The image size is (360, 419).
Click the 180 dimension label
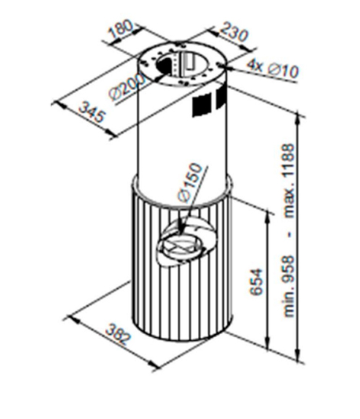pos(120,28)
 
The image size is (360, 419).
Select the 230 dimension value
pos(234,32)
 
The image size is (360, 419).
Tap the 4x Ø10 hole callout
pos(273,68)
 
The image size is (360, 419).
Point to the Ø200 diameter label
pos(126,87)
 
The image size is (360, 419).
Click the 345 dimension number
pos(92,112)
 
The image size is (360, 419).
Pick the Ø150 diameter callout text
pos(190,182)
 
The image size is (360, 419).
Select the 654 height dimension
pos(257,281)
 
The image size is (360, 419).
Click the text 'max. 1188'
pos(289,181)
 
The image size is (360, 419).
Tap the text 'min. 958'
pos(289,287)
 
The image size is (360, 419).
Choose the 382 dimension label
pos(118,335)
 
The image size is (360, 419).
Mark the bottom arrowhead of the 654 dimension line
pos(268,342)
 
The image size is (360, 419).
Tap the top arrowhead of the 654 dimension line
pos(268,216)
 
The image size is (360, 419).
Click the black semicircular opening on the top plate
pos(164,66)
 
